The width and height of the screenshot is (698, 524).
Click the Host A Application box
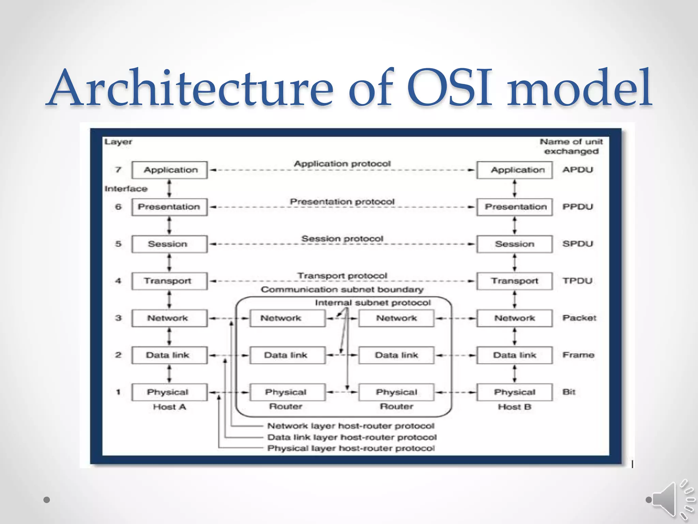(169, 170)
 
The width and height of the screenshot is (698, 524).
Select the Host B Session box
(514, 244)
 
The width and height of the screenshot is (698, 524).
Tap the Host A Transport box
(169, 281)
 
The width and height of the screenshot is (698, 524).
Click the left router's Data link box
(287, 355)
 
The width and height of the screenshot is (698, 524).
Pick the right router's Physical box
(396, 392)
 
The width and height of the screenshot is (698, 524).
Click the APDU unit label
(578, 170)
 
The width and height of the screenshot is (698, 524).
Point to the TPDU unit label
(577, 281)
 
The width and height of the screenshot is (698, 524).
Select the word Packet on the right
(579, 318)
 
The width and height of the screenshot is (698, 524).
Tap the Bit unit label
(569, 392)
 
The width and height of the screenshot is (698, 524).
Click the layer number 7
(118, 170)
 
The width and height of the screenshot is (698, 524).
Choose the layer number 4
(118, 281)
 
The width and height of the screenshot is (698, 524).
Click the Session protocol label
(342, 238)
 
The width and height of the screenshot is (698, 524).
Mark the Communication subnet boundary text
(342, 290)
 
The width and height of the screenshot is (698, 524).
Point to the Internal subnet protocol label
(373, 303)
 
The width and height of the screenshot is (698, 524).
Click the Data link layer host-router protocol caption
(352, 437)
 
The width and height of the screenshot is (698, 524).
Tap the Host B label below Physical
(514, 407)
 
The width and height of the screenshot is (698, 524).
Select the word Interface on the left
(126, 189)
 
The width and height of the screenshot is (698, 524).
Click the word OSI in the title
(449, 88)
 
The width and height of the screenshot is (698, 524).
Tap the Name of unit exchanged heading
(571, 146)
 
